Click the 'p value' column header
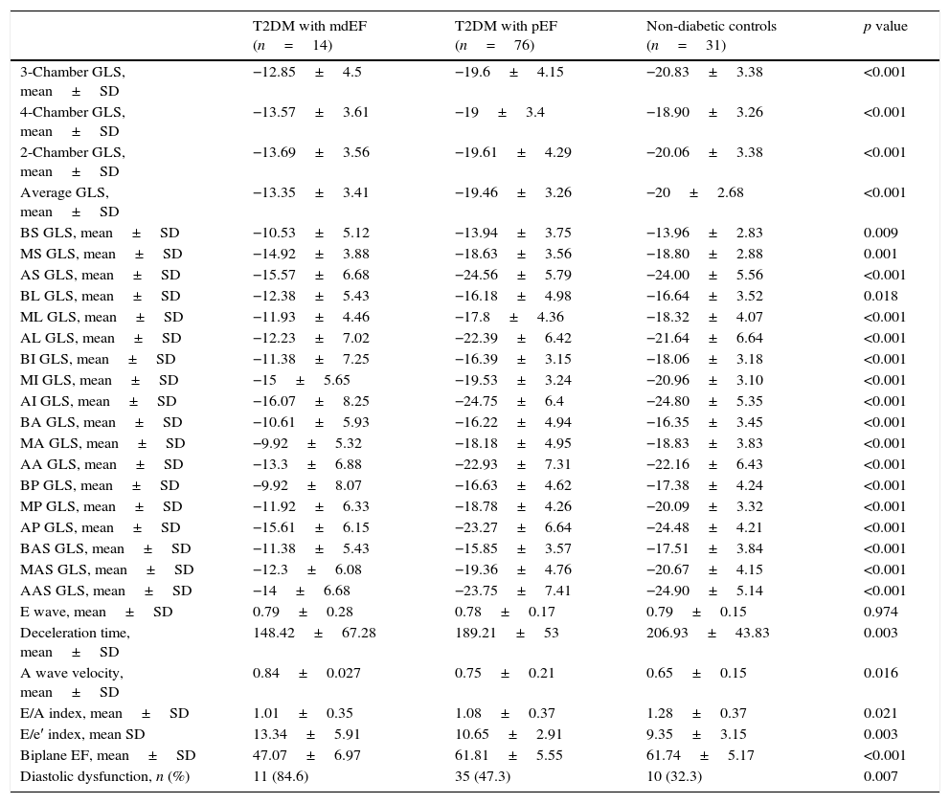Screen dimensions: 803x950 point(885,27)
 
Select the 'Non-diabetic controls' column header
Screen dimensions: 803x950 point(711,27)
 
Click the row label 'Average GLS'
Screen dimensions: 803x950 point(64,193)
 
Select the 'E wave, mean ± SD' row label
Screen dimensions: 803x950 point(96,613)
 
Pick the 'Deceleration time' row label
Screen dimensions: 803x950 point(75,634)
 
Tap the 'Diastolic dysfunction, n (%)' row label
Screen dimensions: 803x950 point(104,777)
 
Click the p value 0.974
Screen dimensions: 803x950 point(880,613)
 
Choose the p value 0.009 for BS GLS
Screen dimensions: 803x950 point(880,234)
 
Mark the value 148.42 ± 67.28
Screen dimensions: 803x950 point(313,634)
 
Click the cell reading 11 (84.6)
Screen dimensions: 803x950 point(281,777)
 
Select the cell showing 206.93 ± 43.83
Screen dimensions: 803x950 point(707,634)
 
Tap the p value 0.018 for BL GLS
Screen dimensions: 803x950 point(880,297)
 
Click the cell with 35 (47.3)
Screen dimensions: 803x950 point(483,777)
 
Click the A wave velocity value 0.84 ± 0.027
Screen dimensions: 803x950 point(306,674)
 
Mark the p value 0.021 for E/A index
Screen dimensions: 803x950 point(880,714)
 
